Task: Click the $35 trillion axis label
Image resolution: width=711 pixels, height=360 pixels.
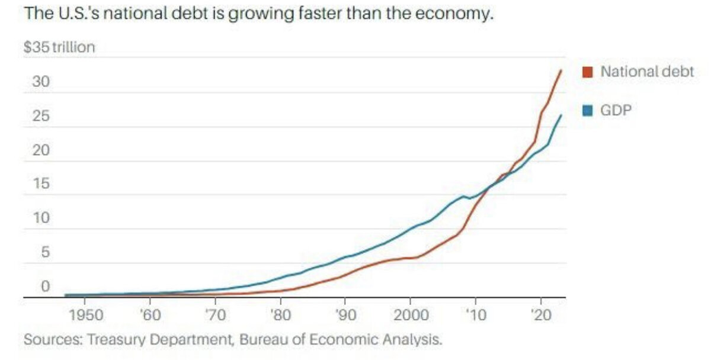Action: tap(59, 48)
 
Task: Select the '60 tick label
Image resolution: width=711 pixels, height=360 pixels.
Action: tap(151, 314)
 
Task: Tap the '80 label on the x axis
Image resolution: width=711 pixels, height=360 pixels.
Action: tap(281, 314)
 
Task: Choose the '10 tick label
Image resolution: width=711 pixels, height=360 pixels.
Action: tap(475, 314)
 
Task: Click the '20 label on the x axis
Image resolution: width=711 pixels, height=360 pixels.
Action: tap(540, 314)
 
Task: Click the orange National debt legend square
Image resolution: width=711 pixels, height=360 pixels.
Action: tap(588, 72)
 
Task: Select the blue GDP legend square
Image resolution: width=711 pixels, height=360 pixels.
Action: tap(588, 111)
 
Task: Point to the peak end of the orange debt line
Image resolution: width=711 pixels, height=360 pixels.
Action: tap(561, 70)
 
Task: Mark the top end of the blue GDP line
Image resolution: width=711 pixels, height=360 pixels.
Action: tap(561, 115)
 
